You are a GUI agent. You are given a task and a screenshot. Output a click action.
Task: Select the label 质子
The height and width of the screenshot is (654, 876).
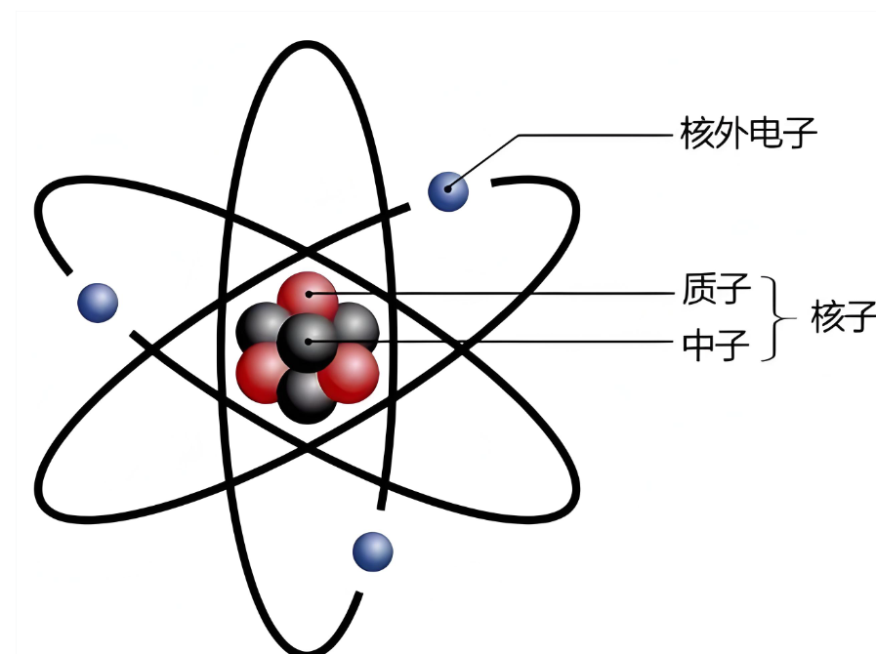[x=717, y=290]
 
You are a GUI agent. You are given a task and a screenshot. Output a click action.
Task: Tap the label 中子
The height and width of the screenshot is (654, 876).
[x=717, y=345]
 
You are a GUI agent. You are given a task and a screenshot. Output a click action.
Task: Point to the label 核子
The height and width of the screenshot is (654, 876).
[x=843, y=317]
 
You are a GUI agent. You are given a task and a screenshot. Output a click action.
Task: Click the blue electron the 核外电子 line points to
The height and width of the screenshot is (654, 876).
[x=448, y=191]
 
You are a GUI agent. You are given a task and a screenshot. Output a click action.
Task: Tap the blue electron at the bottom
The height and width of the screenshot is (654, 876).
[x=372, y=552]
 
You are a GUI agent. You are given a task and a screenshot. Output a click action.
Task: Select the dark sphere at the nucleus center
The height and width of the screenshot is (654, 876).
[x=307, y=342]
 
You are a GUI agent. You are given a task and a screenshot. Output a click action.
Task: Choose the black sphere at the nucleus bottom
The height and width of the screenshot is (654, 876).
[x=306, y=395]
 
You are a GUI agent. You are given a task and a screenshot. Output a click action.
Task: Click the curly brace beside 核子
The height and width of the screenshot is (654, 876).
[x=779, y=318]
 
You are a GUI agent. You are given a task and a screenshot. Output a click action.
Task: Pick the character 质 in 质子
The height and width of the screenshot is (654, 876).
[x=699, y=290]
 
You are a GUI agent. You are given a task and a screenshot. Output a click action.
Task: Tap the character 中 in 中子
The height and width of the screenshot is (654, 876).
[x=699, y=345]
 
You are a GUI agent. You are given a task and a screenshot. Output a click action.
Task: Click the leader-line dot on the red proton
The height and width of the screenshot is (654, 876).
[x=308, y=291]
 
